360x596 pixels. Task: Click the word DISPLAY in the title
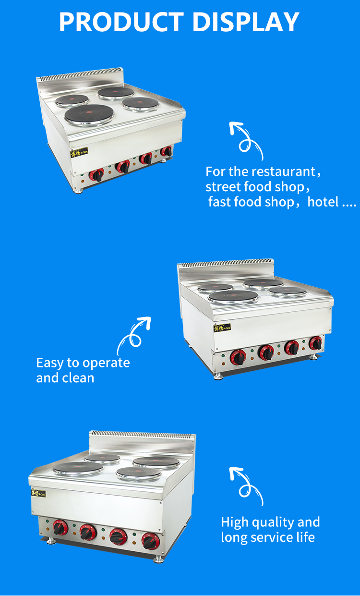[246, 22]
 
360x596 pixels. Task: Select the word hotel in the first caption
[323, 202]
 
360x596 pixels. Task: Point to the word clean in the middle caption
[78, 377]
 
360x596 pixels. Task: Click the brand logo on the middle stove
[222, 328]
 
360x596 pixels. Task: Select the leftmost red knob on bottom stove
[60, 528]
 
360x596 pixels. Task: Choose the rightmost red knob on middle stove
[316, 343]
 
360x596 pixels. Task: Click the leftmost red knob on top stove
[97, 175]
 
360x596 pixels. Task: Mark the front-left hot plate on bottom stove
[78, 469]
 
